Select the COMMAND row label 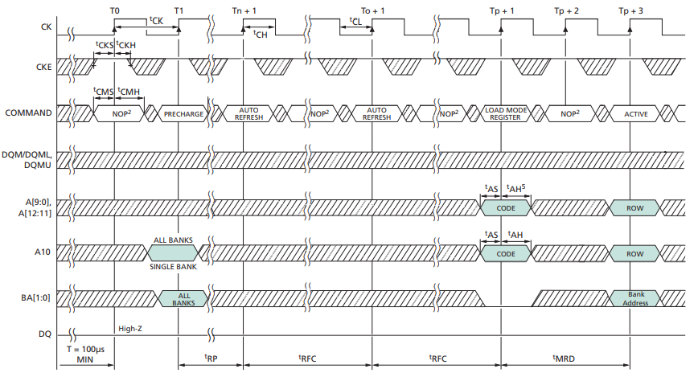(x=29, y=113)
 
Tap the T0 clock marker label (x=114, y=10)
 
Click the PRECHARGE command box (x=183, y=114)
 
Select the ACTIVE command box (x=635, y=114)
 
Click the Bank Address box (x=636, y=298)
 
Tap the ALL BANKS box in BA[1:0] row (x=183, y=298)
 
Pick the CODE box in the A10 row (x=505, y=253)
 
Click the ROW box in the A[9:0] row (x=635, y=207)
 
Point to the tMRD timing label (x=565, y=358)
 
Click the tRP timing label (x=211, y=358)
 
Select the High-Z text (x=130, y=328)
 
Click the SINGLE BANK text (x=173, y=266)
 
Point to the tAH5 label (x=516, y=190)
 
